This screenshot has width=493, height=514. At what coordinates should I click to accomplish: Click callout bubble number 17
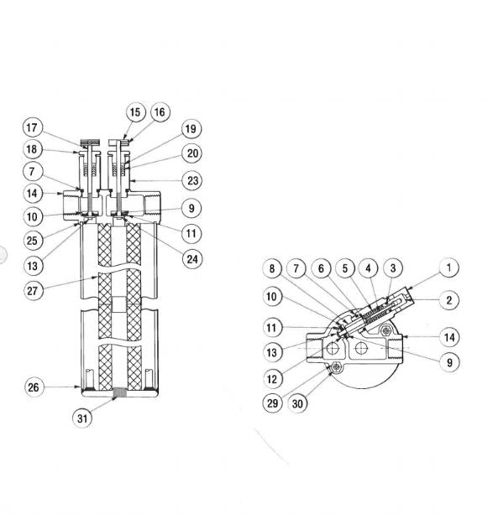(32, 128)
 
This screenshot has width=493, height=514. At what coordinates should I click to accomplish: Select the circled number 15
(136, 112)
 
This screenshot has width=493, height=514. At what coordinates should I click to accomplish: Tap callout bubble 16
(160, 112)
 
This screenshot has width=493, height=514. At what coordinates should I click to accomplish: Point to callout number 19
(191, 129)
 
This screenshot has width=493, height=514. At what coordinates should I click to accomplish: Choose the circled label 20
(191, 153)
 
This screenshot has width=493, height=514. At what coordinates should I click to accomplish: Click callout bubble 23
(191, 180)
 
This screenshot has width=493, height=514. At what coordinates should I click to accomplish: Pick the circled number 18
(32, 150)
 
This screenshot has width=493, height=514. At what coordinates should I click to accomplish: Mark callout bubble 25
(32, 241)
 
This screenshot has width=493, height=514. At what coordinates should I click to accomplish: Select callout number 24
(191, 258)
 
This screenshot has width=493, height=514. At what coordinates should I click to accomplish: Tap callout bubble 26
(32, 387)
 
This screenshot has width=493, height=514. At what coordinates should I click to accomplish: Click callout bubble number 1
(449, 268)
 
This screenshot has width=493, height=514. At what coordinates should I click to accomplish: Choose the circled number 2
(449, 299)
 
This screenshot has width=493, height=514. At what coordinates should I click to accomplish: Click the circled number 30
(298, 404)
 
